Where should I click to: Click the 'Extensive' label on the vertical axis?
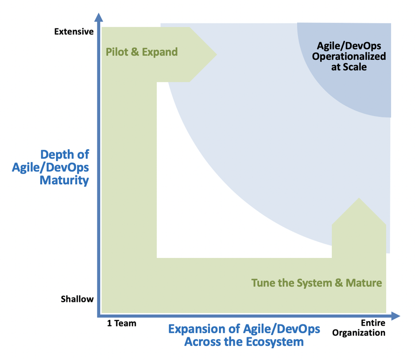coord(74,31)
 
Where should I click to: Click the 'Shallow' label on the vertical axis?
coord(77,299)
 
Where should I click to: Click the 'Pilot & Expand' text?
coord(142,52)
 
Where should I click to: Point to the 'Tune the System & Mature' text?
coord(316,283)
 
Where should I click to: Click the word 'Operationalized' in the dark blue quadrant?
coord(349,56)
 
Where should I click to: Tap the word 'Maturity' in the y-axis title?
coord(64,180)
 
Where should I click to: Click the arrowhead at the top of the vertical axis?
coord(98,18)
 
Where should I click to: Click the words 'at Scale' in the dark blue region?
coord(349,67)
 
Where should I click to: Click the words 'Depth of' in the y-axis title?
coord(65,154)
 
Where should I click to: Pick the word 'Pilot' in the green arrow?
coord(117,52)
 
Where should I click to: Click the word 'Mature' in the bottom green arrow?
coord(364,283)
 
